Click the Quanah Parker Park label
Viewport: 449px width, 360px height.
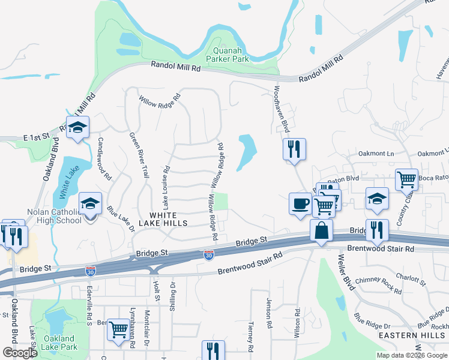click(x=227, y=55)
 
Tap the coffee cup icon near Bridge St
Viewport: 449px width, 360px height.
click(x=300, y=204)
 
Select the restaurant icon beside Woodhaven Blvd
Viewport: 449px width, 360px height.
click(x=294, y=149)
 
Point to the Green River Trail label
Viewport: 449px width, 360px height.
click(x=139, y=155)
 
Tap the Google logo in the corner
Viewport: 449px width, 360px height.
click(x=20, y=353)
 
